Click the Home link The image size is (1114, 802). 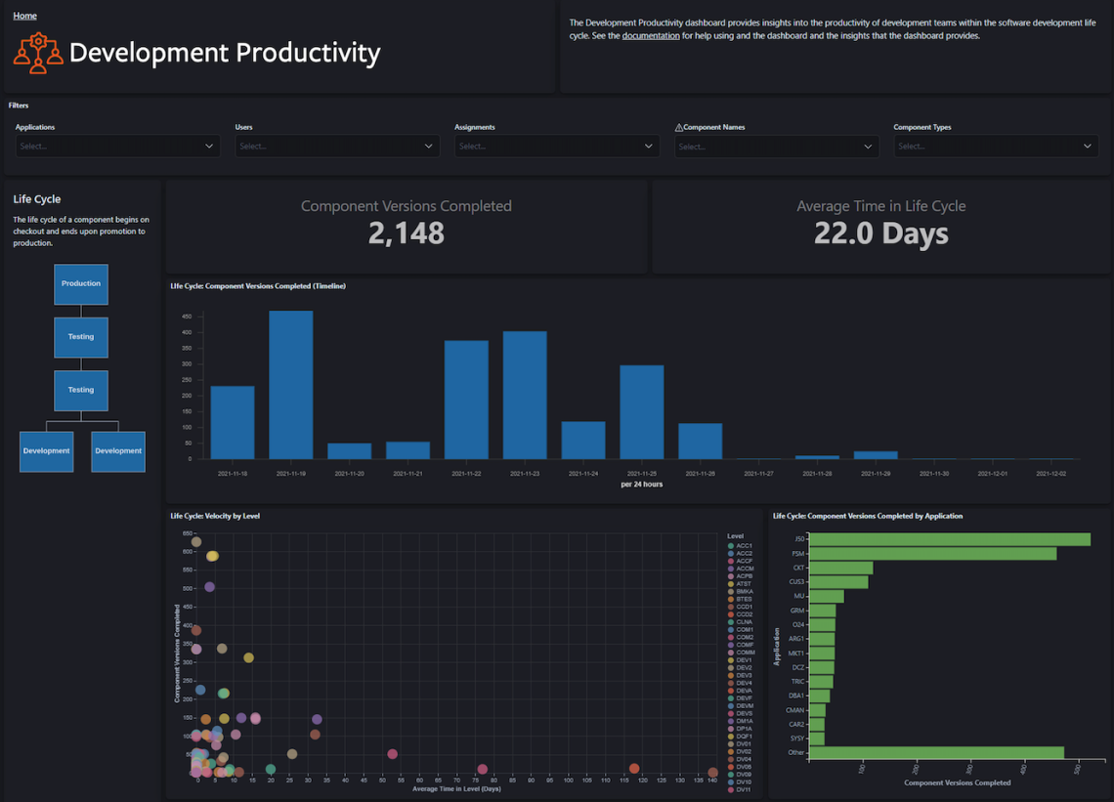[x=24, y=16]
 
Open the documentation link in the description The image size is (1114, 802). [x=650, y=36]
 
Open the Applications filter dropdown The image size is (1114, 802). [x=117, y=147]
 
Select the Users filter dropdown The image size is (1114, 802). [x=336, y=147]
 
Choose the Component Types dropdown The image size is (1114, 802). [x=995, y=147]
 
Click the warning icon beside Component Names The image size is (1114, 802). [x=679, y=127]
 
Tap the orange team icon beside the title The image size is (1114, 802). [x=38, y=53]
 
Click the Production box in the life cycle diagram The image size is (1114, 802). [x=81, y=283]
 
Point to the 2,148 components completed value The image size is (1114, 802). [x=406, y=233]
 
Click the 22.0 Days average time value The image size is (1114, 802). [x=880, y=233]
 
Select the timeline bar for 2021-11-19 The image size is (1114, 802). [x=290, y=385]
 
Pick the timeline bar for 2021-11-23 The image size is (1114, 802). [x=525, y=395]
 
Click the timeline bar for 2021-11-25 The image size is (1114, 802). [x=642, y=411]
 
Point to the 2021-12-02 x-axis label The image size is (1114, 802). [x=1050, y=474]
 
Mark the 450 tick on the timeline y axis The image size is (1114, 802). [x=186, y=316]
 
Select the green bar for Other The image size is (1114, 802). [x=936, y=753]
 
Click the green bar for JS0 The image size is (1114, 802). [x=950, y=539]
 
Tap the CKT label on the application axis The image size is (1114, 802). [x=798, y=568]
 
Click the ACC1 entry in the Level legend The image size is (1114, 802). [x=744, y=546]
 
